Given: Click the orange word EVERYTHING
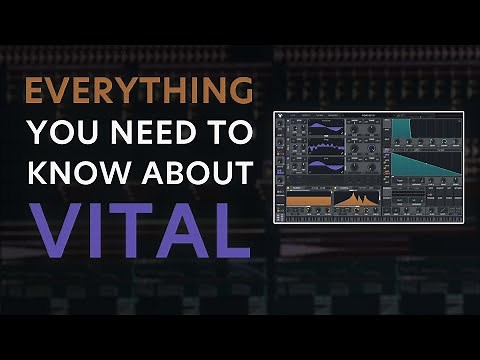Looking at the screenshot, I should [138, 93].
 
